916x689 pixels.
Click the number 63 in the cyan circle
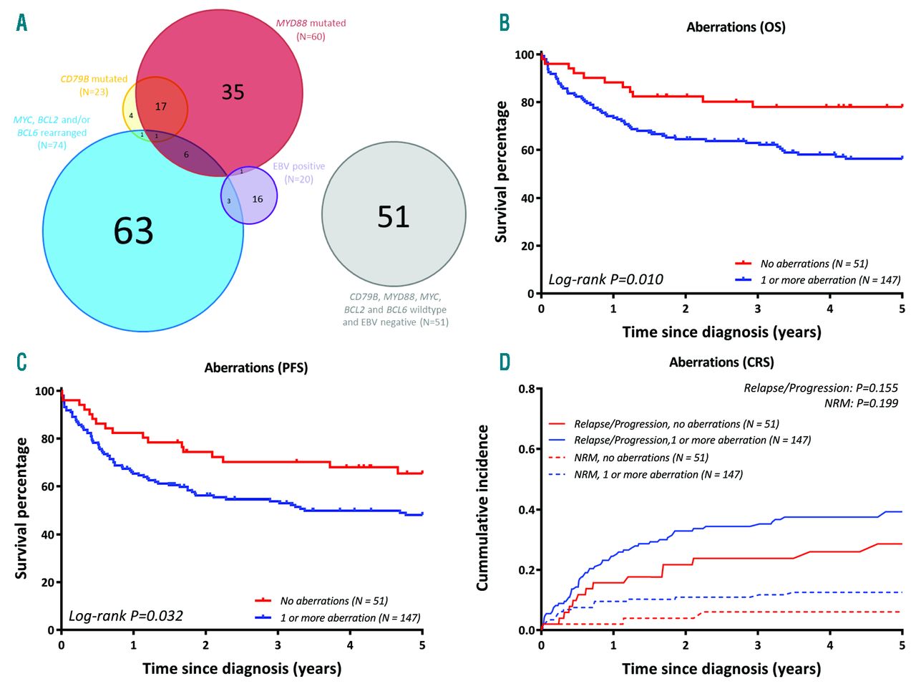133,231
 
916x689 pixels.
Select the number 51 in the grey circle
393,216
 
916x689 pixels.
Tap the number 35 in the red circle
233,92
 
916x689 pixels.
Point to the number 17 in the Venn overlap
161,107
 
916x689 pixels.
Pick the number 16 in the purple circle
257,199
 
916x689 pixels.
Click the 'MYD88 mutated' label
311,23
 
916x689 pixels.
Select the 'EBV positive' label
298,166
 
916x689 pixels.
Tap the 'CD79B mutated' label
94,79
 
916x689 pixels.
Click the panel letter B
505,23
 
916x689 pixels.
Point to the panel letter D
505,362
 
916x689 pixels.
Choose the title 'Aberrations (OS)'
736,27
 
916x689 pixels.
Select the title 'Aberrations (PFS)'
255,367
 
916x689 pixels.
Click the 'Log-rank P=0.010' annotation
605,279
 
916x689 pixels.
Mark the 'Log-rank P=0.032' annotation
125,616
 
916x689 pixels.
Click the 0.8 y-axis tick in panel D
527,389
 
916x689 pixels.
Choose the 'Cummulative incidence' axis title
483,508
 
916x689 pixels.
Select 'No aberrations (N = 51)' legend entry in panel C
333,601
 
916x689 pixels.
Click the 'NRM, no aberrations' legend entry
640,458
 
